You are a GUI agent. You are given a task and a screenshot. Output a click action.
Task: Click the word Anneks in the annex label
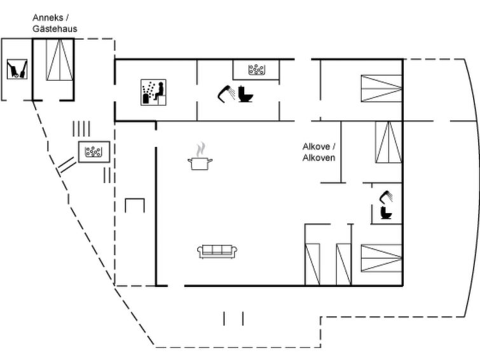tap(48, 18)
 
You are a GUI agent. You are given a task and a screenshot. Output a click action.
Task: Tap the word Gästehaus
tap(55, 29)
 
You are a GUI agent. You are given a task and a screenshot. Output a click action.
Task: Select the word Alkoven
tap(319, 158)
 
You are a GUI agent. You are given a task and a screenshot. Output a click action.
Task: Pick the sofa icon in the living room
tap(217, 251)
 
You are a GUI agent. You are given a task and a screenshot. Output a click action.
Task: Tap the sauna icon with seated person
tap(153, 92)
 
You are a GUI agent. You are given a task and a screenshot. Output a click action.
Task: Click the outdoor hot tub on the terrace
tap(94, 151)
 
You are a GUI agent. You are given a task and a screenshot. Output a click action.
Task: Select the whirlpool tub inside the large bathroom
tap(256, 69)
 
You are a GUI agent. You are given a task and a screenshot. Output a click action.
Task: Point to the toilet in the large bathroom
tap(245, 94)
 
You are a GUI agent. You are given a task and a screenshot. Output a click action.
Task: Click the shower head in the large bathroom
tap(226, 93)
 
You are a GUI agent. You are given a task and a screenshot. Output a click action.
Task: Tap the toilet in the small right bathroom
tap(386, 212)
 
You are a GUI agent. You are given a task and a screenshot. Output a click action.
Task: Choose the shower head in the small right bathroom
tap(387, 197)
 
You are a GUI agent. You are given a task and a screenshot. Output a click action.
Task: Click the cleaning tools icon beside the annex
tap(17, 69)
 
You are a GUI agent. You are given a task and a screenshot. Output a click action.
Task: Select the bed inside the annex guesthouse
tap(60, 60)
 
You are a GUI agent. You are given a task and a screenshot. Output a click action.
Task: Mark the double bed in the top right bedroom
tap(381, 88)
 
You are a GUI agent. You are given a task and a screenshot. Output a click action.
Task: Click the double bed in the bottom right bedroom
tap(381, 258)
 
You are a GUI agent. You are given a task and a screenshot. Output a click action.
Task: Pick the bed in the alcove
tap(388, 142)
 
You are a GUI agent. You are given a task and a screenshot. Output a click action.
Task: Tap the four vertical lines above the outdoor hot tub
tap(81, 128)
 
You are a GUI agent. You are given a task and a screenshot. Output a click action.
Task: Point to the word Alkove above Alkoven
tap(319, 146)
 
